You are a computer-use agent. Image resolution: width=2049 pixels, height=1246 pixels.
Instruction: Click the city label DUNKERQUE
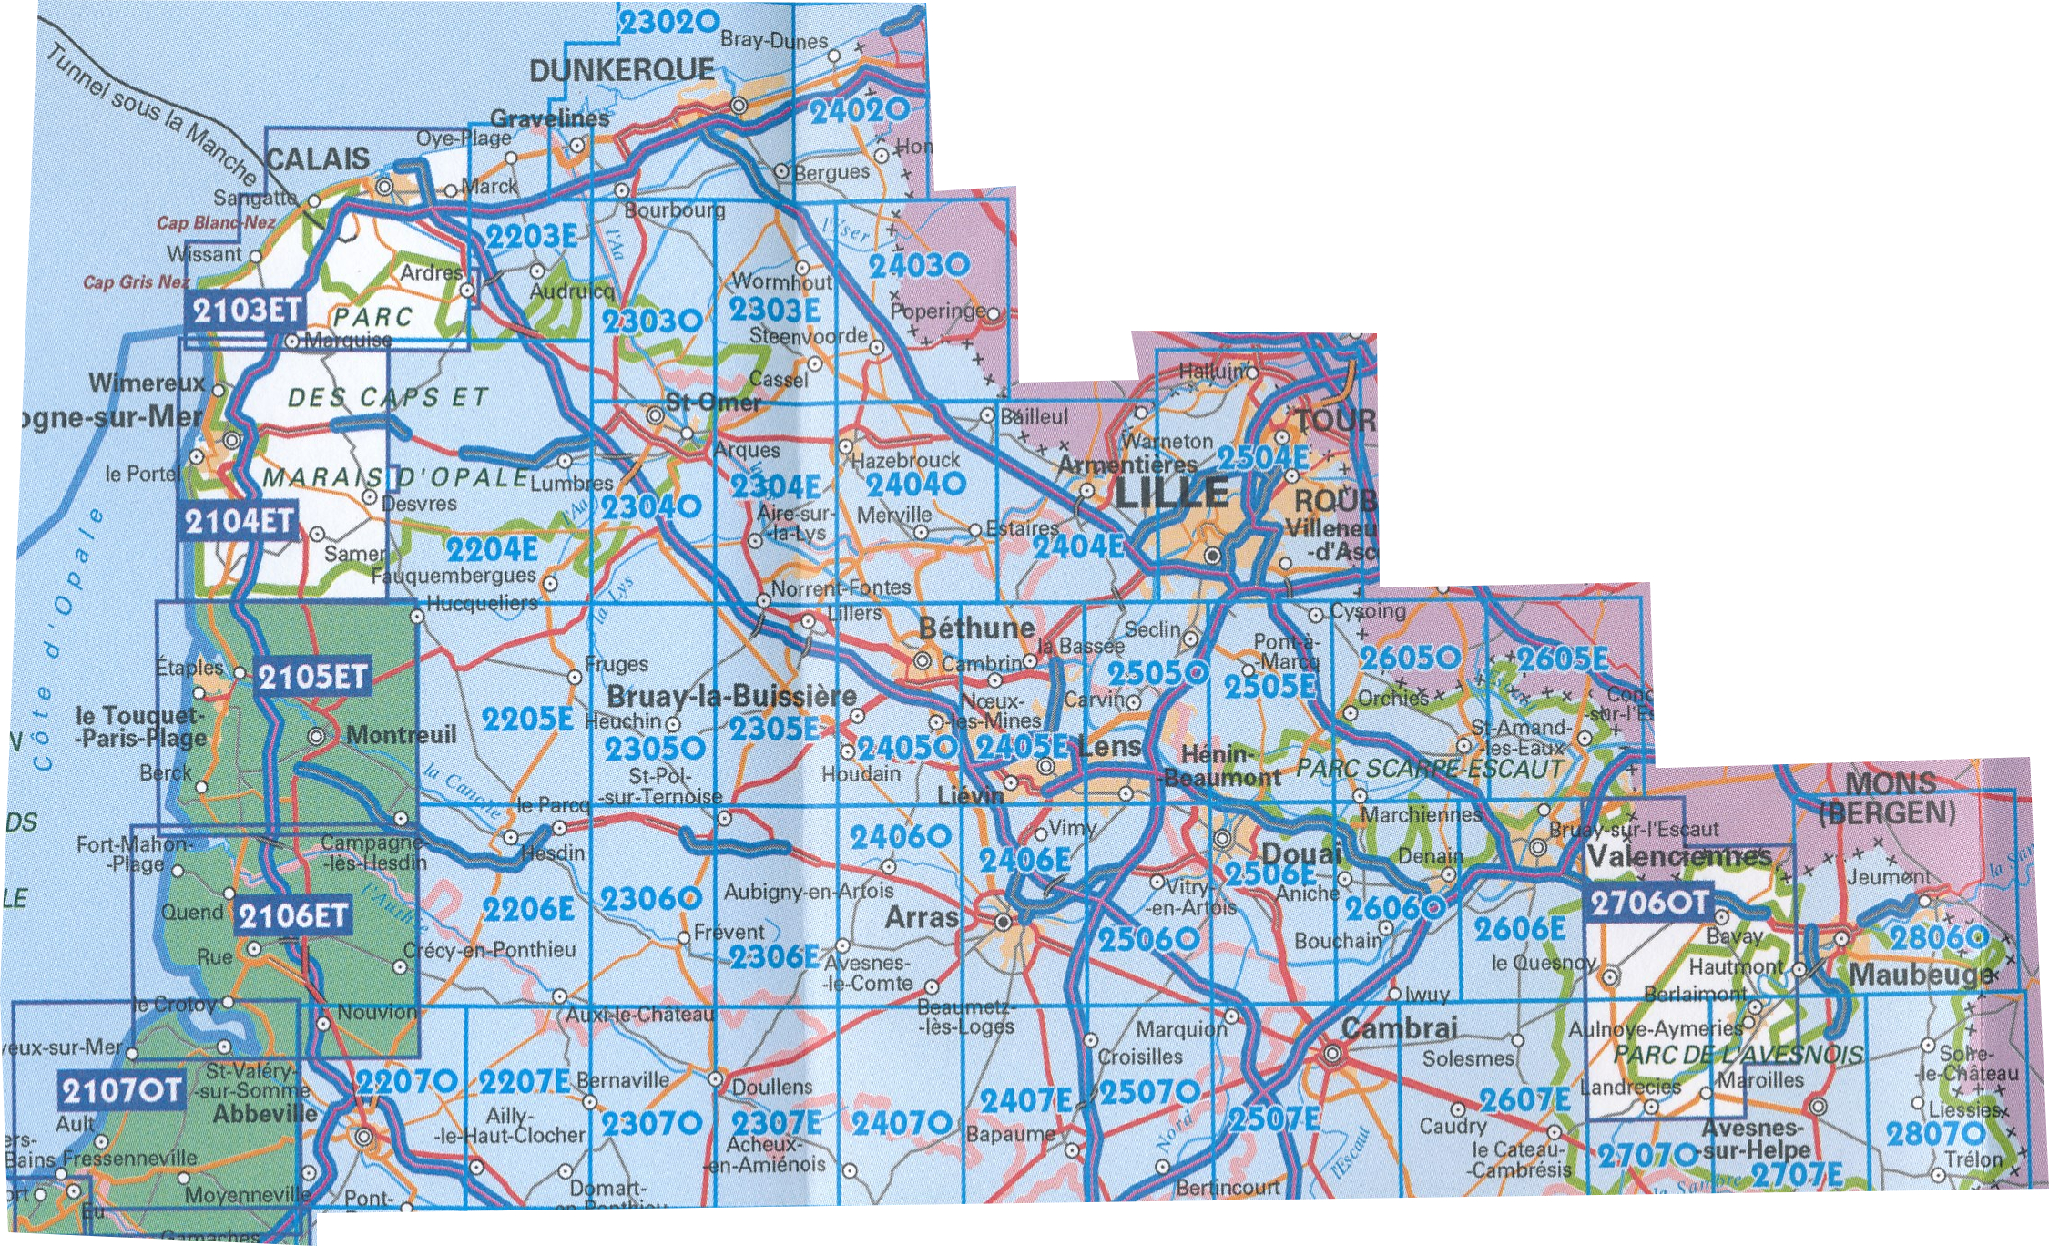[621, 70]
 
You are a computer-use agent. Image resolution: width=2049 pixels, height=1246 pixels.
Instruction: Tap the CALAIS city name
[318, 159]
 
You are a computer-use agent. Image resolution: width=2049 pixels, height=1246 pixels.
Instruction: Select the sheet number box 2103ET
[246, 311]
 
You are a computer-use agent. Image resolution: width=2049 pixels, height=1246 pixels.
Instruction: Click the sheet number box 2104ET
[239, 522]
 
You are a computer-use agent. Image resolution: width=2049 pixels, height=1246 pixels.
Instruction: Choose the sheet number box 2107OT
[121, 1089]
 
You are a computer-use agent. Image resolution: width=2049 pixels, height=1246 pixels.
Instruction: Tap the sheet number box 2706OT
[1649, 903]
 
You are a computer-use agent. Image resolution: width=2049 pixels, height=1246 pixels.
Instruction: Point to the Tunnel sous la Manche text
[150, 114]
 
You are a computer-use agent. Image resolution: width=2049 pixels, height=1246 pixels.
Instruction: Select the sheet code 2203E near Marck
[531, 237]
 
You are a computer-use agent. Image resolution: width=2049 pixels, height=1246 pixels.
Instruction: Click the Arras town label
[922, 917]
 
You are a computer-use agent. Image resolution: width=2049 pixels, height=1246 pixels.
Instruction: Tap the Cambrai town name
[1400, 1028]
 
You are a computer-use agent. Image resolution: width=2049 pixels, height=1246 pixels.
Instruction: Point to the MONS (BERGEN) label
[1889, 797]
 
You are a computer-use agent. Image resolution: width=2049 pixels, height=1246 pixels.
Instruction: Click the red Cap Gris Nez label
[137, 282]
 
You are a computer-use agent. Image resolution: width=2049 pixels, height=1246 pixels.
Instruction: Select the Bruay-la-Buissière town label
[731, 697]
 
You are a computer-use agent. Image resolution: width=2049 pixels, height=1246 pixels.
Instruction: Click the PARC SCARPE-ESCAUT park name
[1430, 768]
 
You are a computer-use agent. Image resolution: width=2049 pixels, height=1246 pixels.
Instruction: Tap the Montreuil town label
[401, 734]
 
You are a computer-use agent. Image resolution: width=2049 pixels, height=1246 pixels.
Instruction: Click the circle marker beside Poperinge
[993, 314]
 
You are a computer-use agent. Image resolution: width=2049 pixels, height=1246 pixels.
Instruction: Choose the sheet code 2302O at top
[668, 22]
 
